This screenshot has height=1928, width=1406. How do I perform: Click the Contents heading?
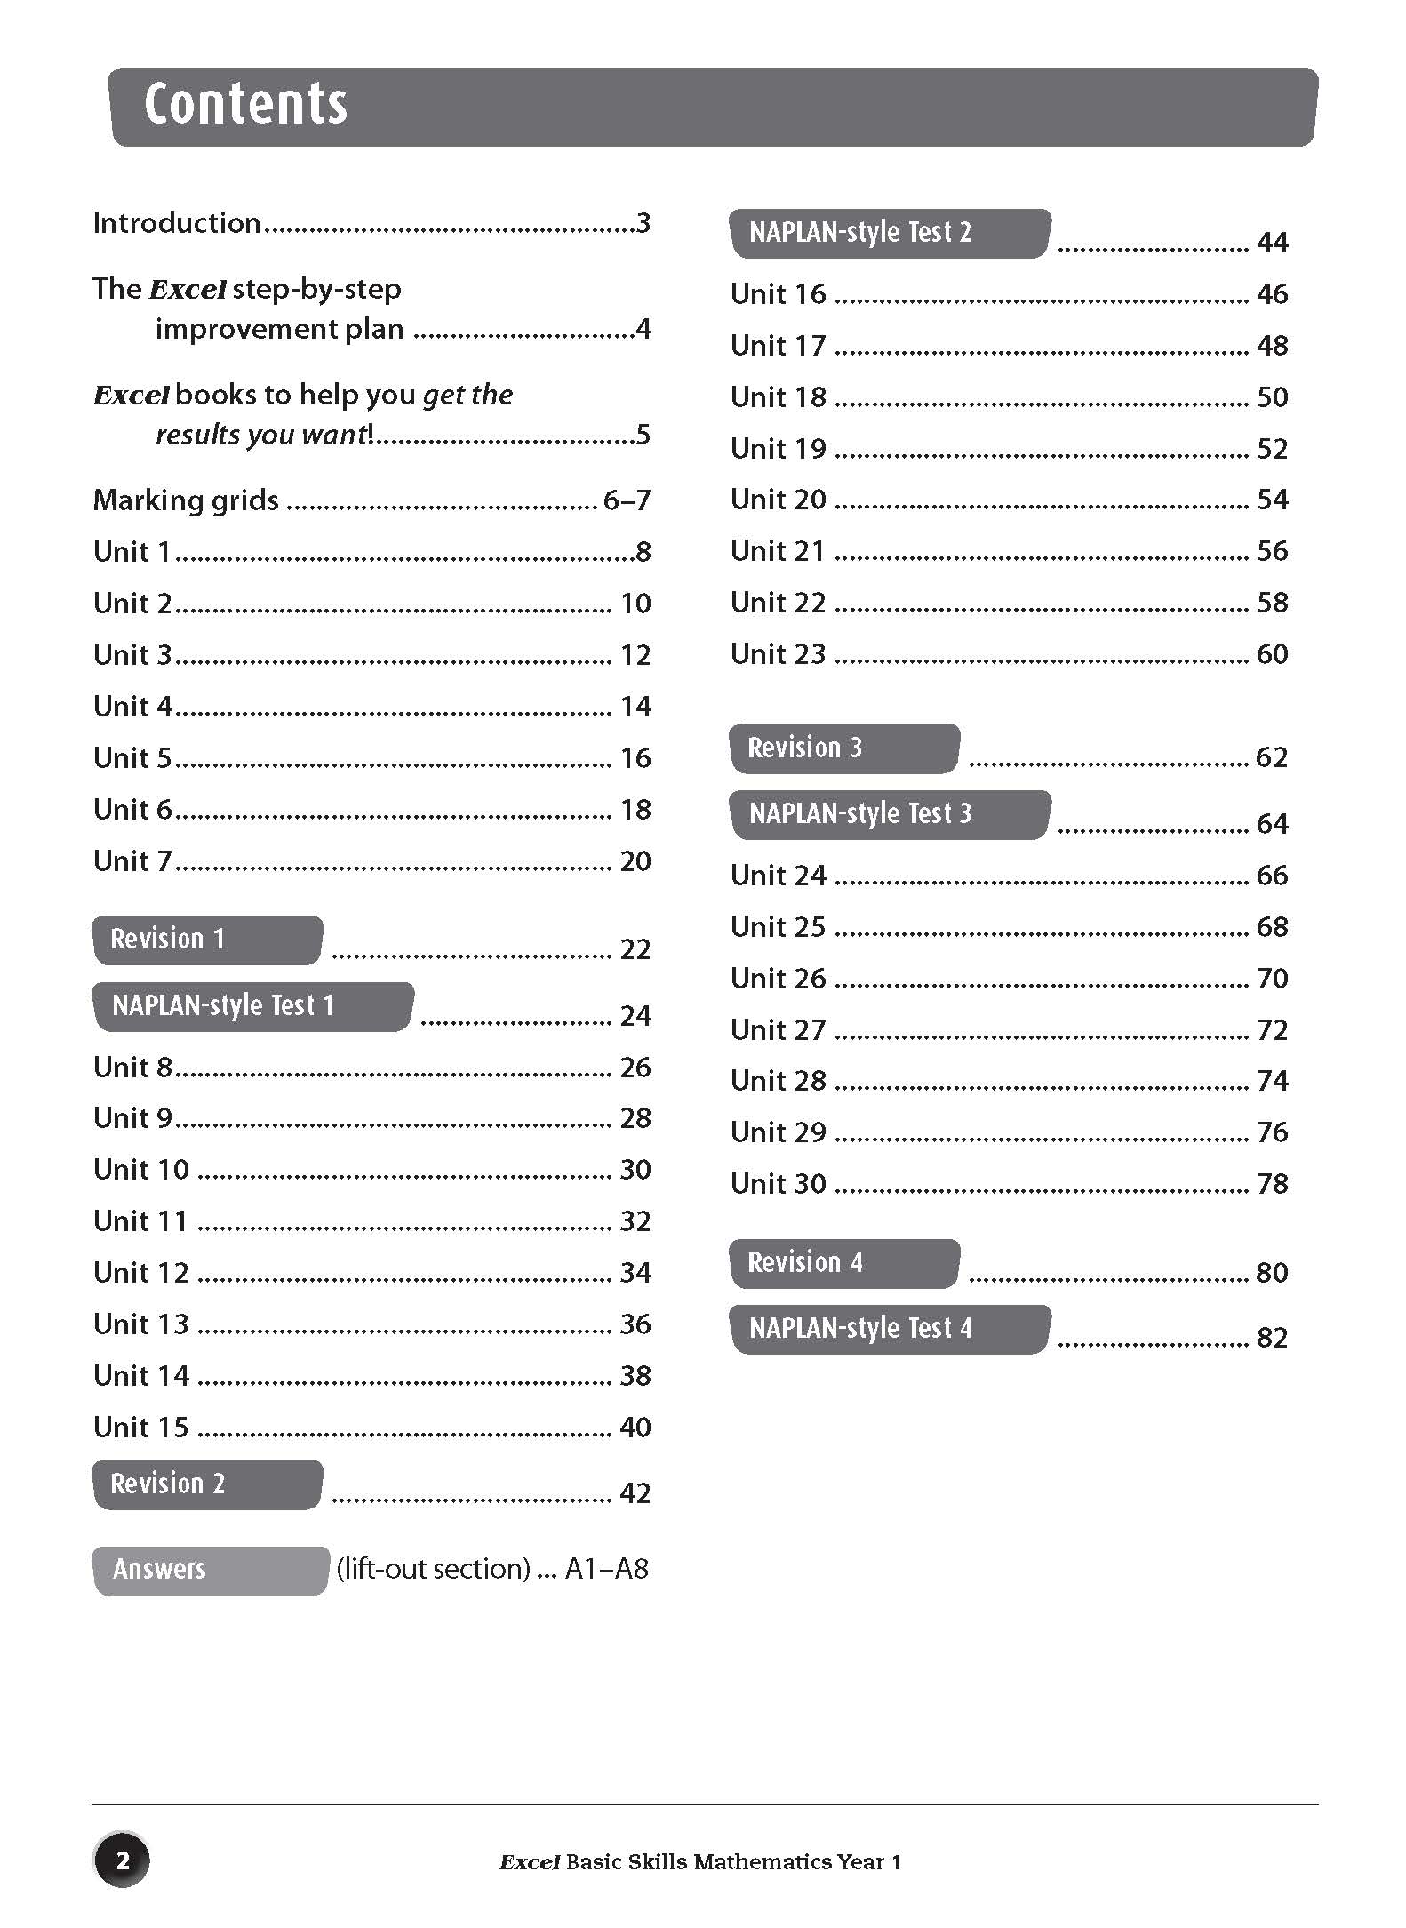click(x=245, y=104)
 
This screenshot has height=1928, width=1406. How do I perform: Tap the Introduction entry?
click(x=177, y=223)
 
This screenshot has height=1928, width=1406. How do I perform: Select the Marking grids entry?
click(x=186, y=500)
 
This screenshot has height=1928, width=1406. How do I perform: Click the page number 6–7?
click(x=627, y=500)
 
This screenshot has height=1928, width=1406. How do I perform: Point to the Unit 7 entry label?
click(x=132, y=861)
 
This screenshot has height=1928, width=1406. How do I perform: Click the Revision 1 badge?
click(x=206, y=940)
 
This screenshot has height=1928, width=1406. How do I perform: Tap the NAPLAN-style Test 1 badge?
click(x=252, y=1006)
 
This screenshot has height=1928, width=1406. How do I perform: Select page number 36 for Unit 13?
click(x=635, y=1324)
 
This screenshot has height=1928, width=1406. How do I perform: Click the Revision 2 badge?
click(x=206, y=1484)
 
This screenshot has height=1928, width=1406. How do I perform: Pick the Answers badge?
click(x=210, y=1570)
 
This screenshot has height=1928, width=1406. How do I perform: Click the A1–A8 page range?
click(x=607, y=1570)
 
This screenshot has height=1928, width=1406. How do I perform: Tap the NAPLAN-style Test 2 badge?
click(x=890, y=233)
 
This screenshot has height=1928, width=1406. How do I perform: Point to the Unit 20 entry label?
click(x=778, y=500)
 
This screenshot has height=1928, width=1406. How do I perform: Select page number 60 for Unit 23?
click(x=1272, y=654)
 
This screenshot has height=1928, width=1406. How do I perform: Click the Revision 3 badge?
click(x=843, y=748)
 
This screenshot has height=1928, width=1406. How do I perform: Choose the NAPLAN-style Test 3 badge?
click(x=890, y=814)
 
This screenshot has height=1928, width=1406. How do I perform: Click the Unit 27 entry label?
click(x=778, y=1030)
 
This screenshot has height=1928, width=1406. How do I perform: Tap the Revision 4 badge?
click(x=843, y=1263)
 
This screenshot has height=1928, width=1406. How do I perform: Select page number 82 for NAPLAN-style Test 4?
click(x=1272, y=1338)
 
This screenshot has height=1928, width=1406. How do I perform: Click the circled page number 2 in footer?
click(x=122, y=1860)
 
